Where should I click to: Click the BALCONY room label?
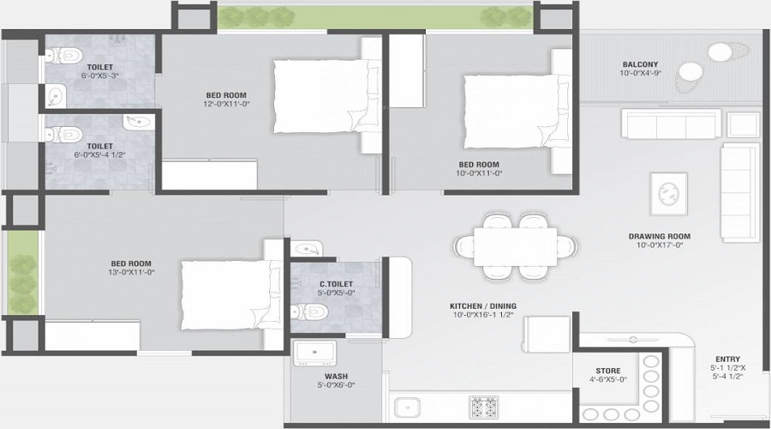(x=640, y=64)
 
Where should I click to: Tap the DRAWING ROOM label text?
(x=660, y=237)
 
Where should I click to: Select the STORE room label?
(x=608, y=371)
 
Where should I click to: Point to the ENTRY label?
(x=727, y=360)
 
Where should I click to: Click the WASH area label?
(x=337, y=377)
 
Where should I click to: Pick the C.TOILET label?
(x=337, y=284)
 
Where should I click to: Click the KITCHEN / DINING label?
(x=483, y=306)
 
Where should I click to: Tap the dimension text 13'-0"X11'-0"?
(x=131, y=272)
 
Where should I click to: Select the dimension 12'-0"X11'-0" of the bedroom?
(x=227, y=104)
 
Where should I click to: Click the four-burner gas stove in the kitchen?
(x=483, y=408)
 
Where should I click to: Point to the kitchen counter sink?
(x=407, y=408)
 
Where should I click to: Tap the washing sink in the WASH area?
(x=314, y=353)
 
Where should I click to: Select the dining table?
(x=516, y=246)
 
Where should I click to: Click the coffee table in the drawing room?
(x=668, y=194)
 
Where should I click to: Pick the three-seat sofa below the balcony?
(x=671, y=124)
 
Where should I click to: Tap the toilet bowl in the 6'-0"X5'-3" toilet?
(x=63, y=56)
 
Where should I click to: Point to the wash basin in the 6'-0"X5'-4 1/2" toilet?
(x=139, y=122)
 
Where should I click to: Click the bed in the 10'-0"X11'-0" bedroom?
(x=517, y=111)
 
